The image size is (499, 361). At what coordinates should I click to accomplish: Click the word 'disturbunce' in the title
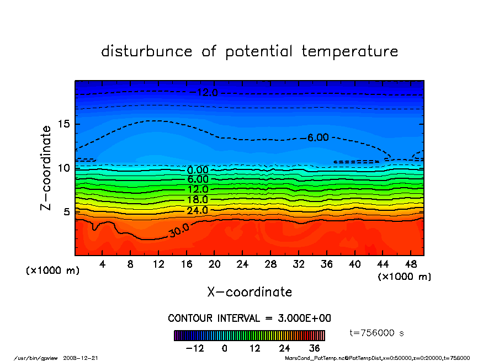coord(147,51)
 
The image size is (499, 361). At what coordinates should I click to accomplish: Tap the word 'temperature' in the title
coord(350,52)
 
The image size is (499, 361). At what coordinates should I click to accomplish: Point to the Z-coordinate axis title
coord(46,168)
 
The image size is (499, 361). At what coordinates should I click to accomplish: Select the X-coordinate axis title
coord(250,292)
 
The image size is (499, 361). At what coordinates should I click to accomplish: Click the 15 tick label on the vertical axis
coord(63,124)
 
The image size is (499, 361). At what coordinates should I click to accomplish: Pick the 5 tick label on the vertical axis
coord(66,211)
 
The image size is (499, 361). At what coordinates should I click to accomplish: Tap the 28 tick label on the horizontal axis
coord(270,264)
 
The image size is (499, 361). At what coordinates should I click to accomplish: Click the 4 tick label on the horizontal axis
coord(103,264)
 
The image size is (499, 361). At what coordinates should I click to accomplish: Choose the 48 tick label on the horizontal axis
coord(411,264)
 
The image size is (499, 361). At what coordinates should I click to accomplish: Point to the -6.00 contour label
coord(318,137)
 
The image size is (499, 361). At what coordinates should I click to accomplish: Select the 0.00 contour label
coord(198,170)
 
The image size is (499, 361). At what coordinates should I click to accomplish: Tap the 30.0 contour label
coord(179,232)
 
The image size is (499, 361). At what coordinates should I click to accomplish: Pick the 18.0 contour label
coord(198,200)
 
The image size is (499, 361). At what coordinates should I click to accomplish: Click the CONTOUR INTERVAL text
coord(250,318)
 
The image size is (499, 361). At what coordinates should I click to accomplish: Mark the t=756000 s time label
coord(377,333)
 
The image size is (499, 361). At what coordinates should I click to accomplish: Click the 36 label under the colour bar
coord(315,348)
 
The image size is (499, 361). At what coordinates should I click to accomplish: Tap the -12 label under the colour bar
coord(195,348)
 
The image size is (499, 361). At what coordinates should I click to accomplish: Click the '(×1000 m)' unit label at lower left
coord(52,271)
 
